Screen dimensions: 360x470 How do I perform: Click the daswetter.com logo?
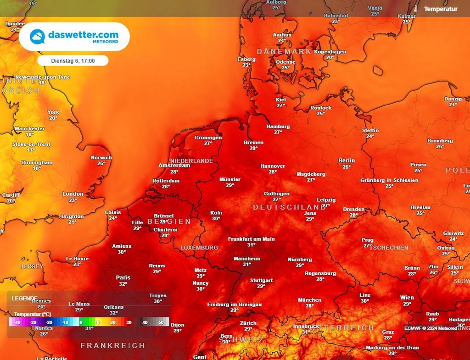pyautogui.click(x=74, y=37)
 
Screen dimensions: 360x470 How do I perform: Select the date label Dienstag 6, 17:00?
pyautogui.click(x=73, y=61)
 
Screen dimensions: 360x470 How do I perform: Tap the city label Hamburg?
pyautogui.click(x=278, y=127)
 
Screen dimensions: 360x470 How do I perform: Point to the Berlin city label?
pyautogui.click(x=347, y=161)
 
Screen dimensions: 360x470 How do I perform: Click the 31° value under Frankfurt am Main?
pyautogui.click(x=252, y=245)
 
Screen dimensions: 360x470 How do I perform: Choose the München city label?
pyautogui.click(x=310, y=300)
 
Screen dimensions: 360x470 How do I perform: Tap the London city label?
pyautogui.click(x=73, y=194)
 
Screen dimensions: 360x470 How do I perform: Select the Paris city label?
pyautogui.click(x=123, y=277)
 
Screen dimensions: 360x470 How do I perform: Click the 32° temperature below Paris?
pyautogui.click(x=123, y=284)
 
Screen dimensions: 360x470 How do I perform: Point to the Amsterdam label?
pyautogui.click(x=174, y=166)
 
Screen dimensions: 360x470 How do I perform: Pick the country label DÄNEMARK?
pyautogui.click(x=284, y=51)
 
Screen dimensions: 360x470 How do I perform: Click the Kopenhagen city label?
pyautogui.click(x=330, y=52)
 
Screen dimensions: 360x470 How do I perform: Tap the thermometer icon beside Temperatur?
pyautogui.click(x=415, y=9)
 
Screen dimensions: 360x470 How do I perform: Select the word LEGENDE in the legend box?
pyautogui.click(x=25, y=298)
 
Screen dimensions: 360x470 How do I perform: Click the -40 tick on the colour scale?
pyautogui.click(x=17, y=322)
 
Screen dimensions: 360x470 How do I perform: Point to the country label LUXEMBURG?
pyautogui.click(x=199, y=248)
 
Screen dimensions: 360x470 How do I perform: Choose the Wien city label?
pyautogui.click(x=407, y=298)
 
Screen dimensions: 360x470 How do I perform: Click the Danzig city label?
pyautogui.click(x=453, y=99)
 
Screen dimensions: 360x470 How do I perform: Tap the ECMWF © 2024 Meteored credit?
pyautogui.click(x=431, y=328)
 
